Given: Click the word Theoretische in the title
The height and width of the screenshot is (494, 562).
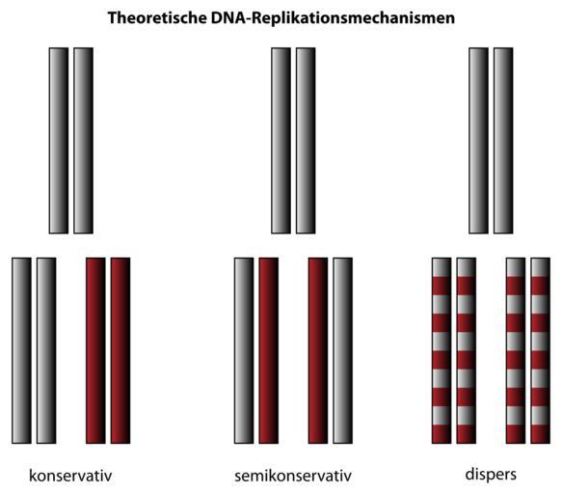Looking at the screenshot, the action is (156, 17).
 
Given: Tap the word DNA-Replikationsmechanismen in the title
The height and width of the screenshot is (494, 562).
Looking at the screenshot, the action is (333, 18).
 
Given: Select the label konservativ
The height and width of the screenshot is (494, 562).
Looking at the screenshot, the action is (70, 476).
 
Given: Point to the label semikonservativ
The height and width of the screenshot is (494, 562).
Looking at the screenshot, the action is (293, 476).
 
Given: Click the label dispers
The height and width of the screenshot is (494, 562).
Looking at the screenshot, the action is (491, 475).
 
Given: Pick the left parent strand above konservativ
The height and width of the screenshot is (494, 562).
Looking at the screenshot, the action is (59, 141).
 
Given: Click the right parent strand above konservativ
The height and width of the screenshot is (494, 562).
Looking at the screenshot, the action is (84, 141).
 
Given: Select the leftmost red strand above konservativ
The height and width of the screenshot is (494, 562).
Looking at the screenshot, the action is (95, 350).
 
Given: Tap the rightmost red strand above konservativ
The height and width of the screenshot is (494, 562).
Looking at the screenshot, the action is (120, 350).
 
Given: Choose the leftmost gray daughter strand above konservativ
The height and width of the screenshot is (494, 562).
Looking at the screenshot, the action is (21, 350).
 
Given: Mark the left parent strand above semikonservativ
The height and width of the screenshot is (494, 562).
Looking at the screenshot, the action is (281, 141).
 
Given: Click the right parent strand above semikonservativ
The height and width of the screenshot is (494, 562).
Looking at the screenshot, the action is (306, 141).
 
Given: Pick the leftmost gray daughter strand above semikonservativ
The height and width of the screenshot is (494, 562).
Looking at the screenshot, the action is (244, 350).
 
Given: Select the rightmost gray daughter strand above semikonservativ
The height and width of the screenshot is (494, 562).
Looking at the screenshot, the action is (342, 350).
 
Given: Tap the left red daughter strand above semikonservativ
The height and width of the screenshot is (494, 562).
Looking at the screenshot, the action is (269, 350).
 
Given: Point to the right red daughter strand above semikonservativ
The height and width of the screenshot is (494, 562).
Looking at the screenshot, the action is (318, 350).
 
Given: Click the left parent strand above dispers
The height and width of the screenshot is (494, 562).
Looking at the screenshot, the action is (478, 141).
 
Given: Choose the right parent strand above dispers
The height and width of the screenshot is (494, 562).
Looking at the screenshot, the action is (503, 141).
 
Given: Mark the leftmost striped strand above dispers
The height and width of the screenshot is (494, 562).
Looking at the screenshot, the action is (442, 350).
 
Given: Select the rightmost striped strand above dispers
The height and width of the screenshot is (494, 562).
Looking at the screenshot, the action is (540, 350).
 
